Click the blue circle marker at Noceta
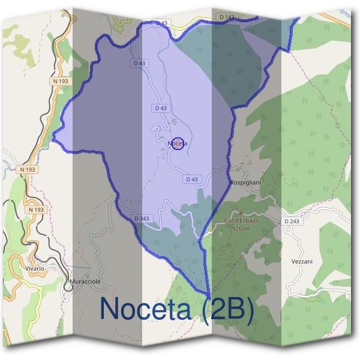pyautogui.click(x=177, y=143)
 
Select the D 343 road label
pyautogui.click(x=142, y=218)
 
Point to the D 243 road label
pyautogui.click(x=291, y=221)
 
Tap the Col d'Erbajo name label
pyautogui.click(x=241, y=221)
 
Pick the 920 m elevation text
pyautogui.click(x=240, y=229)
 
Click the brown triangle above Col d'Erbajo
pyautogui.click(x=239, y=212)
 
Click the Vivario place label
pyautogui.click(x=34, y=268)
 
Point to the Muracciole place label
pyautogui.click(x=84, y=281)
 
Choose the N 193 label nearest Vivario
pyautogui.click(x=37, y=209)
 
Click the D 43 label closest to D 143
pyautogui.click(x=161, y=23)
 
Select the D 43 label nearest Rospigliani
pyautogui.click(x=192, y=179)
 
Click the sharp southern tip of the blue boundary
pyautogui.click(x=209, y=295)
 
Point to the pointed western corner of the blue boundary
pyautogui.click(x=53, y=139)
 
